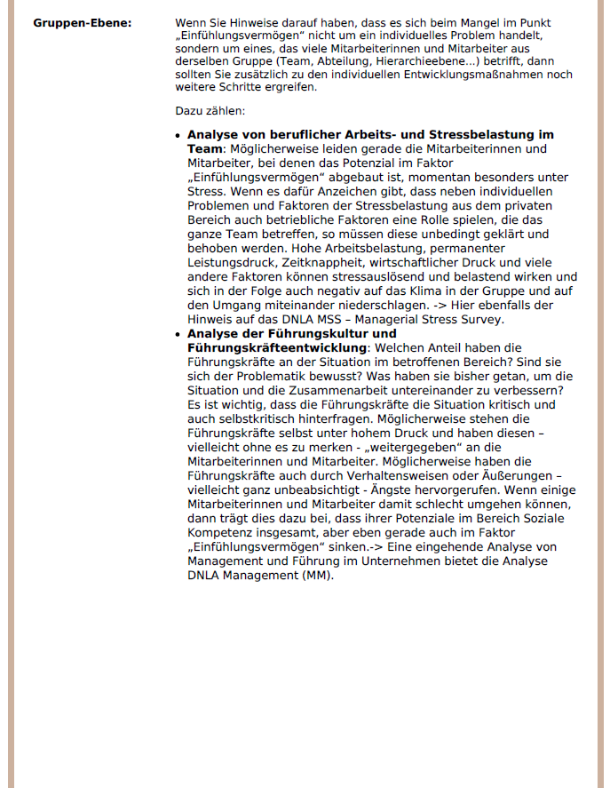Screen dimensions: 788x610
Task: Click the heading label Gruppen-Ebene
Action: pos(82,21)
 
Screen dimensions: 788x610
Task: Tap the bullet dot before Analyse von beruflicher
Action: pos(179,135)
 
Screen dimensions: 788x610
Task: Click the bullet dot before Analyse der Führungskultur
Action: pos(179,334)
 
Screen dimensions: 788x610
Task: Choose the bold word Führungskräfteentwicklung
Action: pos(276,346)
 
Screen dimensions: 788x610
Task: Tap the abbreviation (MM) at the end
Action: pos(316,576)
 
